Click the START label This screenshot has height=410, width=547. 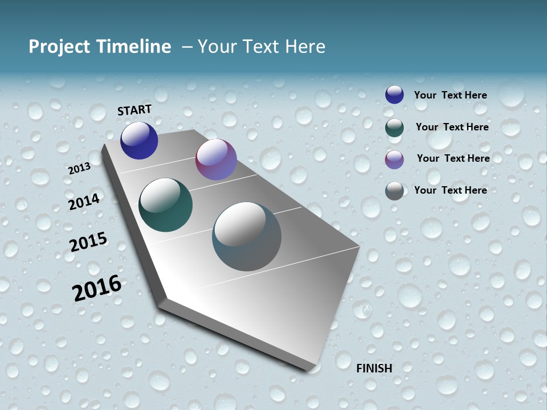click(134, 110)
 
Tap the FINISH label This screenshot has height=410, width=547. click(374, 368)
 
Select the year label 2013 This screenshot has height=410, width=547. click(79, 169)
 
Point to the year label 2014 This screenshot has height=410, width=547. click(84, 202)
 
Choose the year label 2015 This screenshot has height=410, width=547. click(88, 242)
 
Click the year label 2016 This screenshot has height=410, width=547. click(97, 288)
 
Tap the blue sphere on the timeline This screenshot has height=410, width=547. click(139, 141)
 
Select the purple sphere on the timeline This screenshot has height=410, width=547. click(216, 159)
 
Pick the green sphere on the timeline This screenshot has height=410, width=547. click(165, 205)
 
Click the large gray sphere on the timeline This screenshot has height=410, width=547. click(247, 236)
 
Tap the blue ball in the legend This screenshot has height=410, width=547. click(394, 95)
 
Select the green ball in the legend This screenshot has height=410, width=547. click(394, 128)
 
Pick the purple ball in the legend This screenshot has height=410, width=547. click(394, 159)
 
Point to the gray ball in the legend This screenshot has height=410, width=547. click(394, 191)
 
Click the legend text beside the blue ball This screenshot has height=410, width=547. click(450, 95)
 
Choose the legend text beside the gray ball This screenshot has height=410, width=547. click(450, 190)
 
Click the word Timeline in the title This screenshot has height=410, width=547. click(135, 47)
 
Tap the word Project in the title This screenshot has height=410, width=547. click(56, 47)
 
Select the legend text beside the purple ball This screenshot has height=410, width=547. click(453, 158)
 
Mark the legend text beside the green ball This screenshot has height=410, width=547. click(452, 127)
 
